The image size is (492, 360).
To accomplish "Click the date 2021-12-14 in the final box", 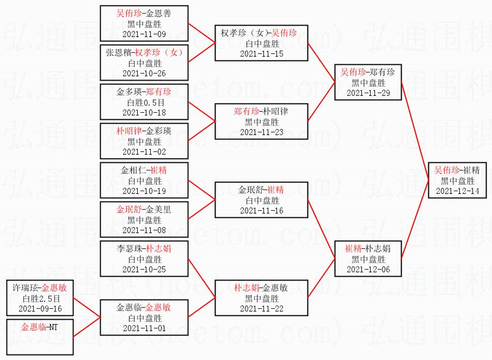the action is pos(458,191).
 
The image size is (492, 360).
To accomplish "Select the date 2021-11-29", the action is pos(368,93).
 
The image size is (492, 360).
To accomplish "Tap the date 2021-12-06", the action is pos(368,270).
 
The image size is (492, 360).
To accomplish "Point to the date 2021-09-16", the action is pos(40,309).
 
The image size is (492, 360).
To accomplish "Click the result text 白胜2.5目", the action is pos(40,298).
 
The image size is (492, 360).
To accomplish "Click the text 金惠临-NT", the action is pos(40,327).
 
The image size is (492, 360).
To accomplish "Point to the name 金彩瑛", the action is pos(158,131).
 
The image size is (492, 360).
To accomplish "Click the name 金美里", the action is pos(158,209).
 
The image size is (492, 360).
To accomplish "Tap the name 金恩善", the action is pos(158,13).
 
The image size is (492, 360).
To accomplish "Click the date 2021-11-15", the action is pos(262,54).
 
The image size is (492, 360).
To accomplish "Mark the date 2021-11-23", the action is pos(262,132).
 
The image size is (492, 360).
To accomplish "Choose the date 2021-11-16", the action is pos(262,211).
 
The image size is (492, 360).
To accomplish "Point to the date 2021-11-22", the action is pos(262,309).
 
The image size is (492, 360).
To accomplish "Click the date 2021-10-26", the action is pos(144,74).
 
